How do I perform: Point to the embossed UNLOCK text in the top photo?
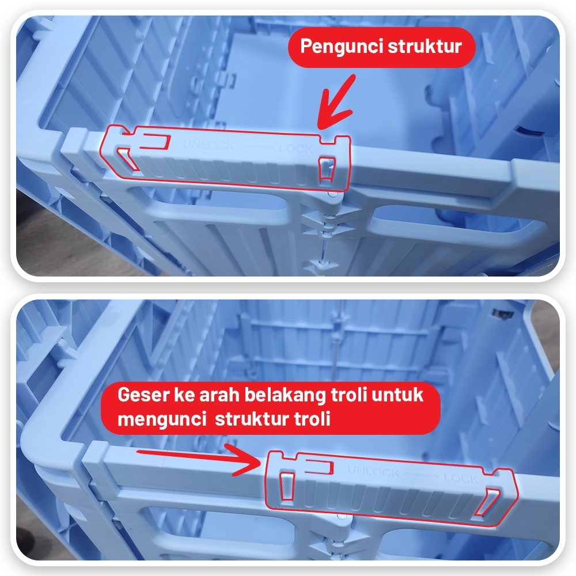click(208, 145)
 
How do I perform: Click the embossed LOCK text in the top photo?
click(296, 149)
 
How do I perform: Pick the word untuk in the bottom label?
click(397, 395)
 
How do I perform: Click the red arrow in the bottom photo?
click(199, 459)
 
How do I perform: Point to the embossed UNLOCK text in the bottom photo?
click(373, 471)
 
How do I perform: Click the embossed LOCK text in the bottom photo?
click(461, 478)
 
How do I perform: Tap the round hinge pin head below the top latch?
click(333, 193)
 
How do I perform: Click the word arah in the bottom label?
click(219, 395)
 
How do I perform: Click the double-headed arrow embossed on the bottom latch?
click(422, 475)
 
